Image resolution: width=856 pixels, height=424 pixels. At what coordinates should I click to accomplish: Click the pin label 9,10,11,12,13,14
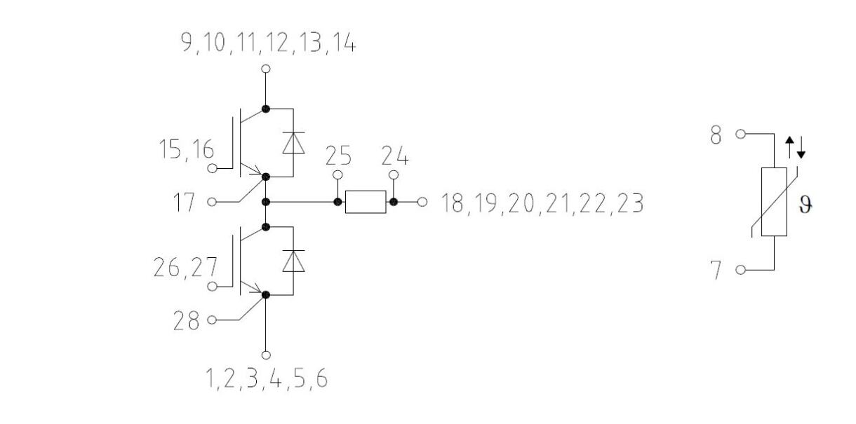(x=268, y=43)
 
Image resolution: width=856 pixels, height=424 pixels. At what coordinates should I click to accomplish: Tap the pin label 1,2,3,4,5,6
(x=267, y=378)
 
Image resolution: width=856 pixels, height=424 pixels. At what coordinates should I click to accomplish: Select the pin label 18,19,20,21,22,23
(x=542, y=203)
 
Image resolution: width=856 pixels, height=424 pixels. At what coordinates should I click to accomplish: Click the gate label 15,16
(x=186, y=149)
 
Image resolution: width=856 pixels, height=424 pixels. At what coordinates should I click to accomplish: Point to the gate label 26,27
(x=185, y=268)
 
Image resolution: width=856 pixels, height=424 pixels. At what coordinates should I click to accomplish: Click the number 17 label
(x=185, y=202)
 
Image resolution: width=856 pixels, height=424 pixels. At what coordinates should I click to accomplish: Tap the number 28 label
(x=186, y=320)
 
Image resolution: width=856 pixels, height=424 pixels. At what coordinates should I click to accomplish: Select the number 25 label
(x=338, y=156)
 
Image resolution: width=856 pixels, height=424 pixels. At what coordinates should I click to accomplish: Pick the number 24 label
(x=395, y=156)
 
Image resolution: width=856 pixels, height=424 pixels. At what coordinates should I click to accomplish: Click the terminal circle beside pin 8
(x=741, y=134)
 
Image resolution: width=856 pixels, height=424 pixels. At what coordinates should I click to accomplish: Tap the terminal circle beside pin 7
(x=741, y=270)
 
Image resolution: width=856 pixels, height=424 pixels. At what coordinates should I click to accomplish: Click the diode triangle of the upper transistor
(x=293, y=143)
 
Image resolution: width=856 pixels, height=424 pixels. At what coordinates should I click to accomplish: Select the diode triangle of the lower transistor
(x=293, y=261)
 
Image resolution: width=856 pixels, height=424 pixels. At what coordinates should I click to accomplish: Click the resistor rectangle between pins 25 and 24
(x=366, y=202)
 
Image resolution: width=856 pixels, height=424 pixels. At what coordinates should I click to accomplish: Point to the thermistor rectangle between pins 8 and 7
(x=774, y=202)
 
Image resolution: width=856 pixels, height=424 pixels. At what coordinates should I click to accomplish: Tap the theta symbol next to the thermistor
(x=805, y=205)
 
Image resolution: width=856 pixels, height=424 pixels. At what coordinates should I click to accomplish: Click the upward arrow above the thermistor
(x=789, y=148)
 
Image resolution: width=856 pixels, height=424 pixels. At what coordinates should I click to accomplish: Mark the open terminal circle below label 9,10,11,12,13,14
(x=266, y=69)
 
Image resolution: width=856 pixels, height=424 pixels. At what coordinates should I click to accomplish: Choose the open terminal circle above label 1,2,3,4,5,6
(x=266, y=355)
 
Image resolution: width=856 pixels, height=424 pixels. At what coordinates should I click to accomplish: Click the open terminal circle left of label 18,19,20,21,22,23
(x=422, y=202)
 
